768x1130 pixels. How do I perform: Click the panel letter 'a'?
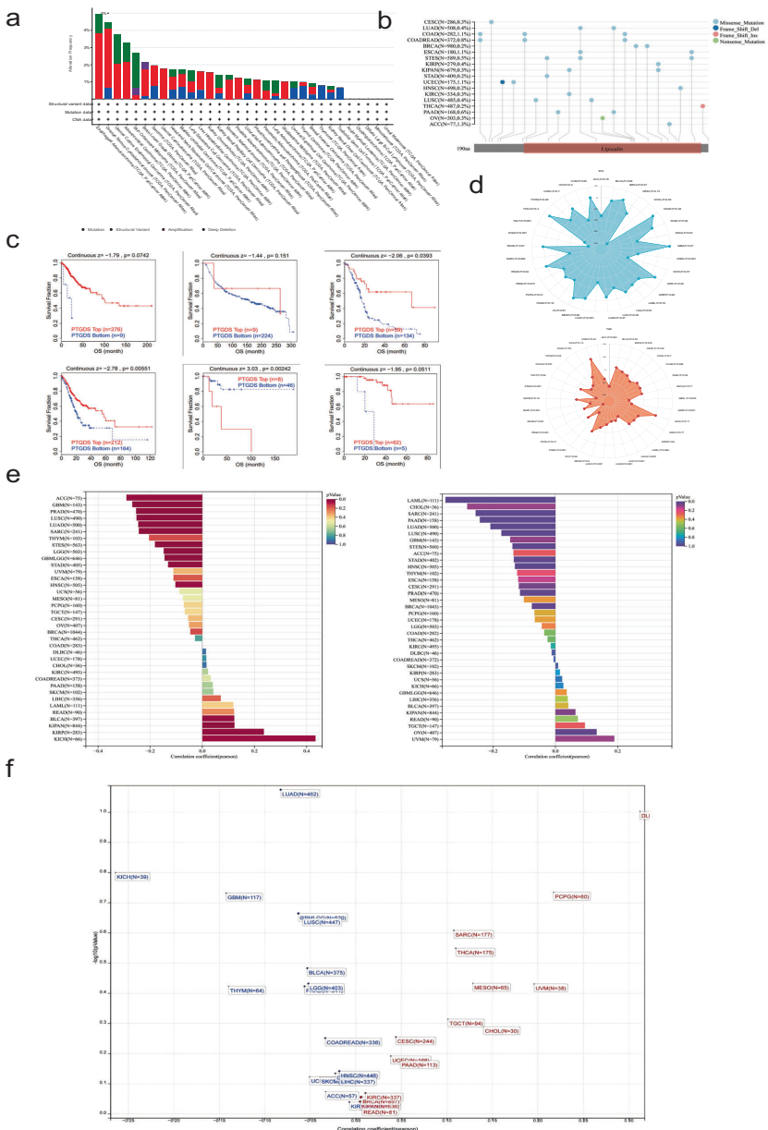(13, 18)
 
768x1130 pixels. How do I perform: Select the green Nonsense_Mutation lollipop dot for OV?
(603, 118)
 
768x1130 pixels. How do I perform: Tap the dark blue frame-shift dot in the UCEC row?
(502, 82)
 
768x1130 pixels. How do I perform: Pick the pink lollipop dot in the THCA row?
(703, 106)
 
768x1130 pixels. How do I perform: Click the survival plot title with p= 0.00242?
(243, 368)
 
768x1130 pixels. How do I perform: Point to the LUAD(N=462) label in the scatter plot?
(300, 794)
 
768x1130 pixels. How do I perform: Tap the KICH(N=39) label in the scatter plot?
(132, 876)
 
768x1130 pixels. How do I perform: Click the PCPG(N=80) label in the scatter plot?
(571, 896)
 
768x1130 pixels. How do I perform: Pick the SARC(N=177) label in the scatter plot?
(474, 935)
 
